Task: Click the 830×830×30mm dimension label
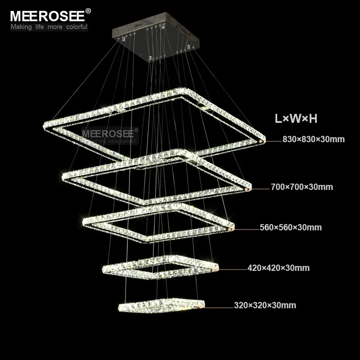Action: (x=313, y=139)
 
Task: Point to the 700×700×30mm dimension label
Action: (x=302, y=187)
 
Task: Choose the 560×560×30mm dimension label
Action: (x=291, y=228)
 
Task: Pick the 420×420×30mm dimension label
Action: (x=279, y=268)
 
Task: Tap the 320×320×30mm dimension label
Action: (x=265, y=306)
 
